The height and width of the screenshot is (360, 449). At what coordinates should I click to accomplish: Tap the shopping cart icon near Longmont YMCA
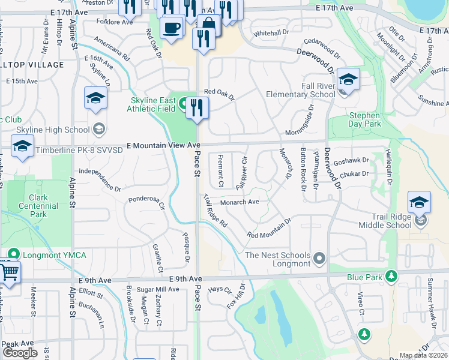[x=8, y=272]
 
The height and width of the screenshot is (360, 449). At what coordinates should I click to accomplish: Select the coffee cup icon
[x=172, y=28]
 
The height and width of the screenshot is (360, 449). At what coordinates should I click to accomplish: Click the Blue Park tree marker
[x=391, y=277]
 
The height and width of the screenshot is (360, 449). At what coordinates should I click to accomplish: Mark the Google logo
[x=20, y=352]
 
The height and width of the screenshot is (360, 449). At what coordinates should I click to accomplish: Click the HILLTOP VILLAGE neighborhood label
[x=32, y=64]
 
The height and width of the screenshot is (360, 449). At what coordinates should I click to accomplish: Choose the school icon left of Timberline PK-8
[x=22, y=147]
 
